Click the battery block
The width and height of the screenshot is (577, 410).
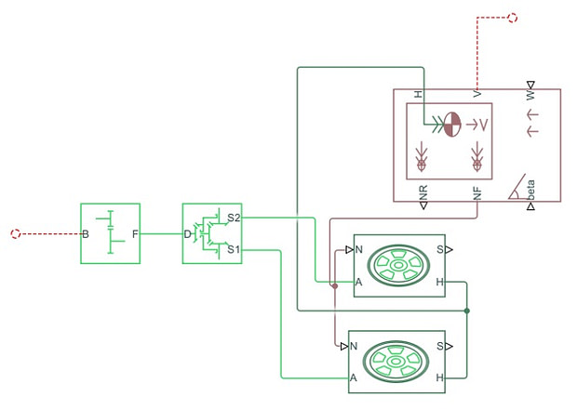coord(110,233)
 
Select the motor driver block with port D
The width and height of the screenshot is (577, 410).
coord(212,233)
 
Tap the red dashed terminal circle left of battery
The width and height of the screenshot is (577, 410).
coord(15,233)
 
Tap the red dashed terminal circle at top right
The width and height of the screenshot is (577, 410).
coord(513,17)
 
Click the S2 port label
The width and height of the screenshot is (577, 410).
coord(234,218)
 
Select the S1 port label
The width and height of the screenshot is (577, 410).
coord(234,249)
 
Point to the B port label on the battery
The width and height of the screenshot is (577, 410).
coord(86,233)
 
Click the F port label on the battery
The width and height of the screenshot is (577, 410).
coord(134,233)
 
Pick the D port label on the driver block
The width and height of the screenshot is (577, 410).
coord(188,233)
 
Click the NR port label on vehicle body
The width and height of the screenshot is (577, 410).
coord(423,193)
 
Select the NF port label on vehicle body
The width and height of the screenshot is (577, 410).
coord(477,193)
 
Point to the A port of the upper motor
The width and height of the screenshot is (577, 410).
coord(357,282)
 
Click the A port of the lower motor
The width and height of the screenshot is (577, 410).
coord(354,378)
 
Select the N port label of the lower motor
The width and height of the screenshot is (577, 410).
coord(354,346)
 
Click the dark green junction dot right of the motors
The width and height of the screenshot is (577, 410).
coord(467,311)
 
